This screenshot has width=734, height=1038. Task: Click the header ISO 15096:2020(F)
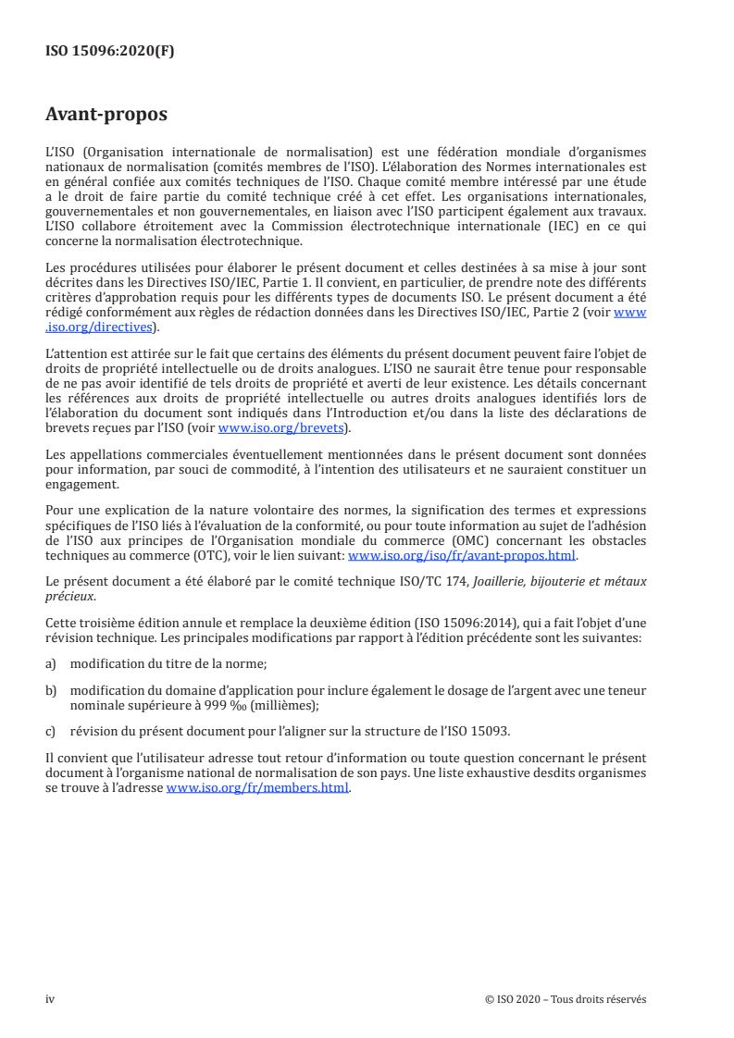tap(109, 52)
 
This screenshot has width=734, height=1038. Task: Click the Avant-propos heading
tap(106, 115)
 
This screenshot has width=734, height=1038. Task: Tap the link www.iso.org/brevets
tap(278, 428)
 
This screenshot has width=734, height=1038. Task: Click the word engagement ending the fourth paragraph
tap(81, 484)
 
